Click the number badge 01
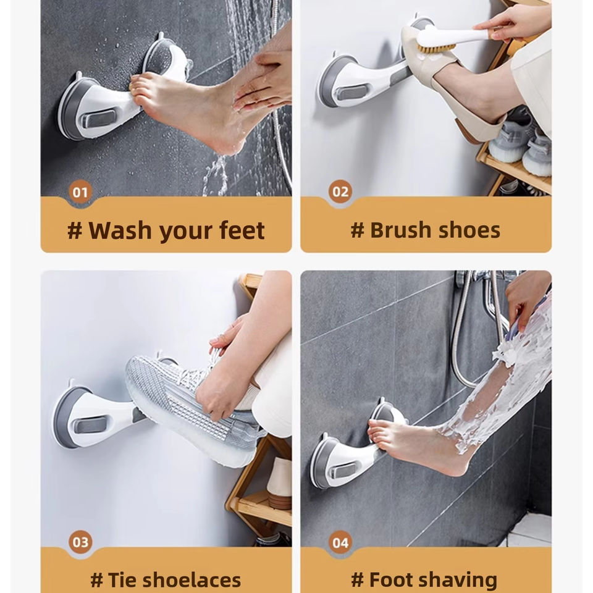pos(80,192)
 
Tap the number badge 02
pos(340,191)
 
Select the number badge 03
pos(80,542)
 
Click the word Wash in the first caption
pos(120,230)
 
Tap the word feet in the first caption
pos(242,230)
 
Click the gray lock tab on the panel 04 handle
pos(343,471)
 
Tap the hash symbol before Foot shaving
pos(358,581)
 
